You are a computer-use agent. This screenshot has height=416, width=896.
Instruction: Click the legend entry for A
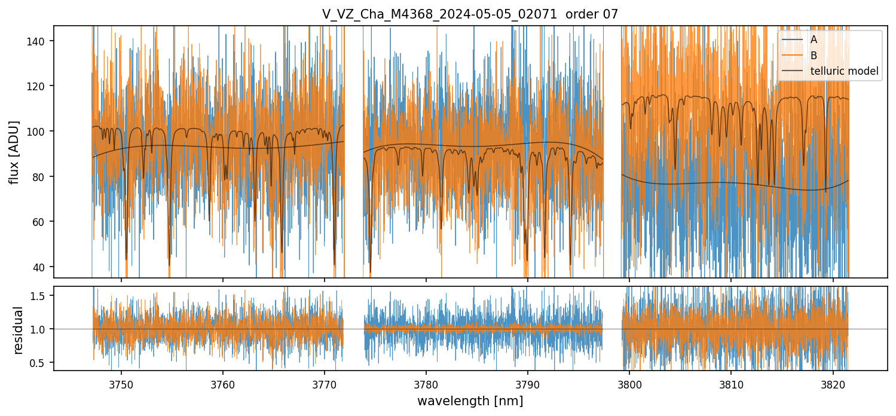click(x=814, y=40)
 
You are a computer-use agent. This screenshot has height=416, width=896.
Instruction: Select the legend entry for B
click(x=814, y=56)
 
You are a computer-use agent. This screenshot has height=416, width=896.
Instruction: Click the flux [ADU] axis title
click(x=14, y=152)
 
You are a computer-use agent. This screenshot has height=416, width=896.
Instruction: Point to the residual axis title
click(x=19, y=330)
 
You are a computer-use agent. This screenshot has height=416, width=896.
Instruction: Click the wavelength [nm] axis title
click(x=470, y=401)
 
